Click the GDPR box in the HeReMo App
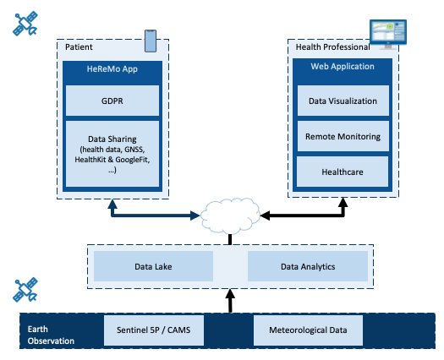coord(112,101)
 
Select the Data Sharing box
coord(112,154)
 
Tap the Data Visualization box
coord(343,101)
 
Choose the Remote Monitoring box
coord(343,136)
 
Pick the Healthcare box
coord(343,172)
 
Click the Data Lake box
coord(153,266)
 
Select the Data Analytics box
coord(308,266)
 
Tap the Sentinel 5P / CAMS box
coord(154,330)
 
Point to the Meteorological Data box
coord(308,330)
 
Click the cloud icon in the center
coord(230,215)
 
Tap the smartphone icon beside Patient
coord(151,41)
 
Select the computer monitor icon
coord(388,34)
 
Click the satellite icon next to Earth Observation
coord(25,289)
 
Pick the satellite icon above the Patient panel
coord(25,24)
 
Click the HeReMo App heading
coord(112,69)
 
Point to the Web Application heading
coord(343,67)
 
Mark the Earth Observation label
coord(51,335)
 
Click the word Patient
coord(79,47)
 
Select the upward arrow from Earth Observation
coord(230,301)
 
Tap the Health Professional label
coord(332,47)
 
